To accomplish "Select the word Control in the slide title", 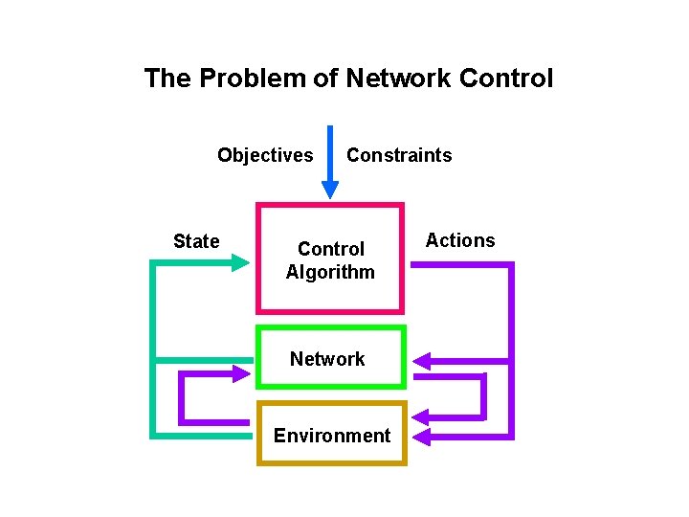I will [x=506, y=79].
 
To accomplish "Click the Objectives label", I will [x=265, y=155].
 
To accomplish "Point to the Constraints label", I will [x=399, y=155].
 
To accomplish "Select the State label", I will [x=196, y=241].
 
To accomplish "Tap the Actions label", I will [x=460, y=240].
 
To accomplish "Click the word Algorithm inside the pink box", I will [x=330, y=272].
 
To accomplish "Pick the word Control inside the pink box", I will [x=331, y=250].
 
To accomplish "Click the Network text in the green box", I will [x=327, y=359].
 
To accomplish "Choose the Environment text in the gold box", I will [x=332, y=436].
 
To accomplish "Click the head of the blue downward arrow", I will [x=330, y=189].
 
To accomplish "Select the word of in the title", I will [x=326, y=79].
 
